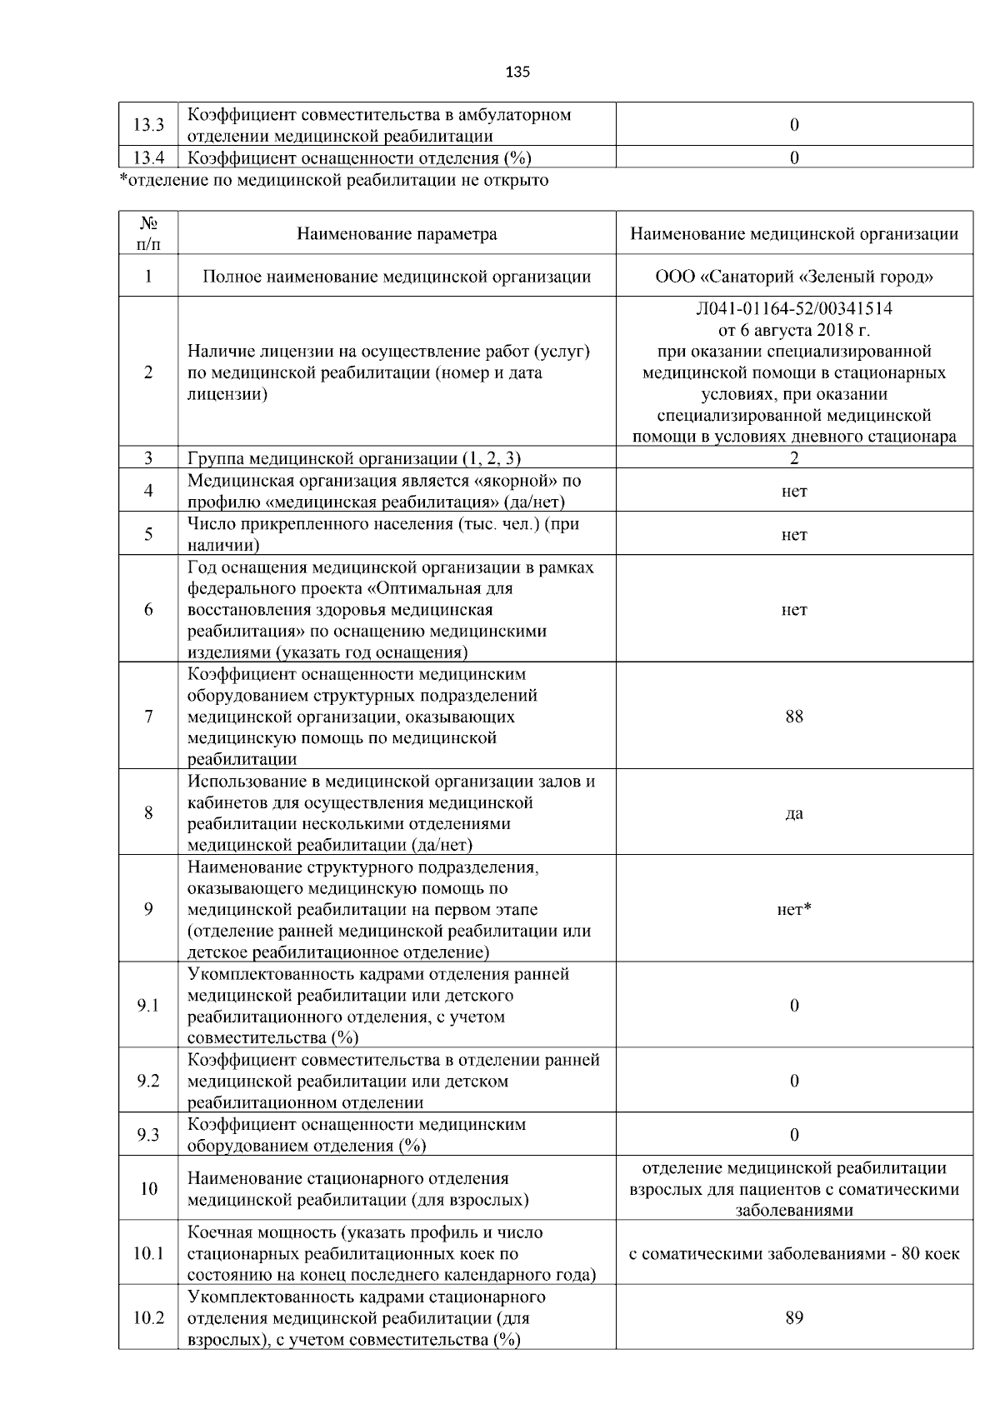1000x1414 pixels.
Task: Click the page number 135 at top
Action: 517,72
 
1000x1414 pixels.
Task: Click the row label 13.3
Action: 148,125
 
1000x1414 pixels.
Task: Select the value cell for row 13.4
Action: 794,157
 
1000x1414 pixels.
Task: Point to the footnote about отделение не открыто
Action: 334,180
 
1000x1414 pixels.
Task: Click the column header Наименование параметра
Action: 397,234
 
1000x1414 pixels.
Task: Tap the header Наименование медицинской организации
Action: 794,234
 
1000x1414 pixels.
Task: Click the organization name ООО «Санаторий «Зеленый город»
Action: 794,277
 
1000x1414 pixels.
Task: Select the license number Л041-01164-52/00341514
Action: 794,309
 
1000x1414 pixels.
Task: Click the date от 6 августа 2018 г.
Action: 794,330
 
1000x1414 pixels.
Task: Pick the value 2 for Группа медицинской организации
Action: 794,458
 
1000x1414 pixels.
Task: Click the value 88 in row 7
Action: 794,717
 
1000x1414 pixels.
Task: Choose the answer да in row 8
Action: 794,813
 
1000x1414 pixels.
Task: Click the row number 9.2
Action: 148,1082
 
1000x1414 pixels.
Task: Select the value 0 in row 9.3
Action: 794,1135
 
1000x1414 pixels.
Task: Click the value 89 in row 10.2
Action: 794,1318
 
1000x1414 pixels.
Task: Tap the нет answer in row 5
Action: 794,535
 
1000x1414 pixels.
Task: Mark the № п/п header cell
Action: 148,234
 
